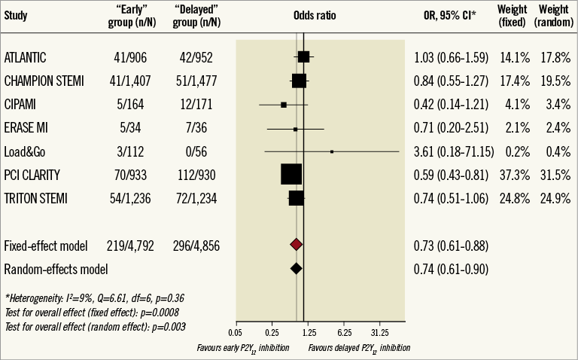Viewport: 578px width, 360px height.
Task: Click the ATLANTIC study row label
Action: click(26, 57)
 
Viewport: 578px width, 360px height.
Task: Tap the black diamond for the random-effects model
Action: click(296, 268)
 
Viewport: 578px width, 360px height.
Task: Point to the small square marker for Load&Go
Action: click(332, 151)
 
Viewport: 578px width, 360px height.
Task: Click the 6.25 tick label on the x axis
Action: click(344, 331)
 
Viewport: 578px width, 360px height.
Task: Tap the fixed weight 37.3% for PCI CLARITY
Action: click(513, 175)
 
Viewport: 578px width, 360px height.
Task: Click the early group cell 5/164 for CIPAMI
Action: click(126, 105)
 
